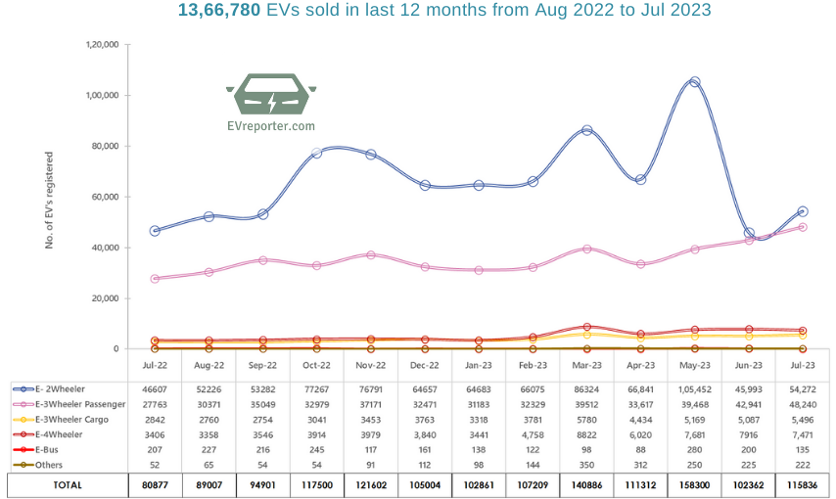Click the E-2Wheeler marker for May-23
(694, 82)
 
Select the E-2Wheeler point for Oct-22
(316, 153)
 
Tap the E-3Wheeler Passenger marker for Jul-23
(803, 227)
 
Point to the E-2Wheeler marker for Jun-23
(749, 233)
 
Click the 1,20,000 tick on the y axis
(103, 45)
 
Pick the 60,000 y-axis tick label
(106, 197)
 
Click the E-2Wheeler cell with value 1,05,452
(694, 388)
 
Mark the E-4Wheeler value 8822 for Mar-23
(586, 435)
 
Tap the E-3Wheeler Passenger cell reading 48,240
(803, 404)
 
